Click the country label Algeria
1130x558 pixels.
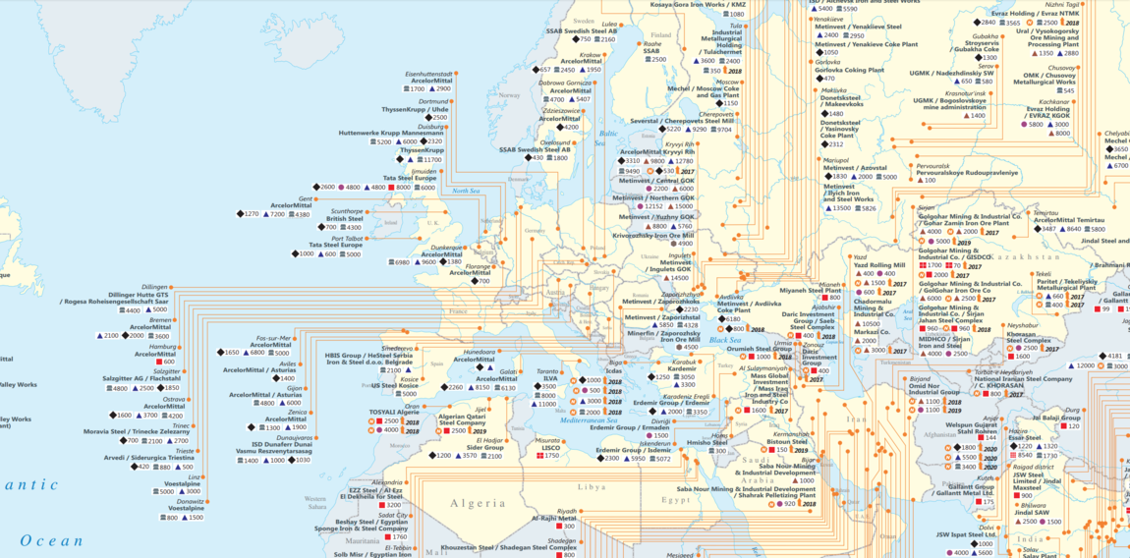(x=478, y=503)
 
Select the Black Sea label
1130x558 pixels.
(x=724, y=340)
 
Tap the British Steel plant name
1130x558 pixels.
(x=344, y=219)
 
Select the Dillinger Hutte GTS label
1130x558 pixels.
(x=140, y=293)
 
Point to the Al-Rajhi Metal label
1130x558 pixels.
(x=554, y=518)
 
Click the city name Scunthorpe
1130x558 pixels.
(x=347, y=211)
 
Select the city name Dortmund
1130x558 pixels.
(x=433, y=101)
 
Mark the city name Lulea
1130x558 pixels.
(x=609, y=24)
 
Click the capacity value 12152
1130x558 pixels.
(x=652, y=206)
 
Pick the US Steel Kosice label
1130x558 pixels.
(x=395, y=386)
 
